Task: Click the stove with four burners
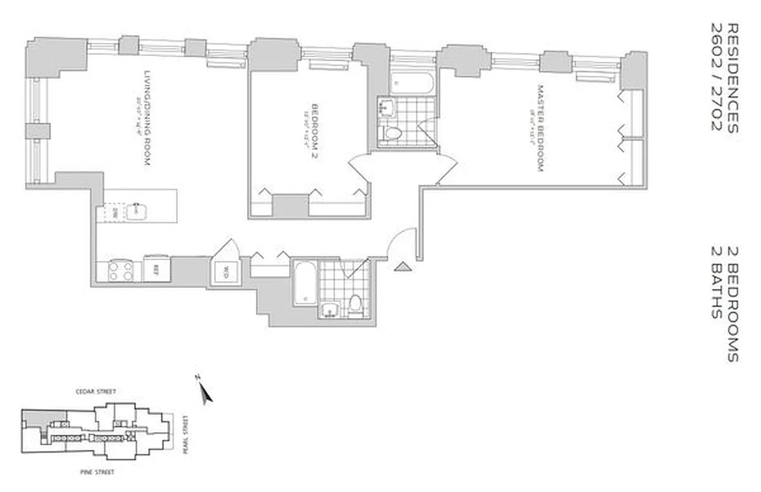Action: [120, 271]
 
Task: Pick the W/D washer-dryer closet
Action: [225, 271]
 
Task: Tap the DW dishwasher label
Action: [115, 212]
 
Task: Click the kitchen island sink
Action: [135, 212]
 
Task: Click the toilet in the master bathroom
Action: [392, 133]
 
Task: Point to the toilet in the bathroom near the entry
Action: [356, 304]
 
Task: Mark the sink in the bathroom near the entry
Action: [330, 310]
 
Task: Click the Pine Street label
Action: [98, 472]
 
